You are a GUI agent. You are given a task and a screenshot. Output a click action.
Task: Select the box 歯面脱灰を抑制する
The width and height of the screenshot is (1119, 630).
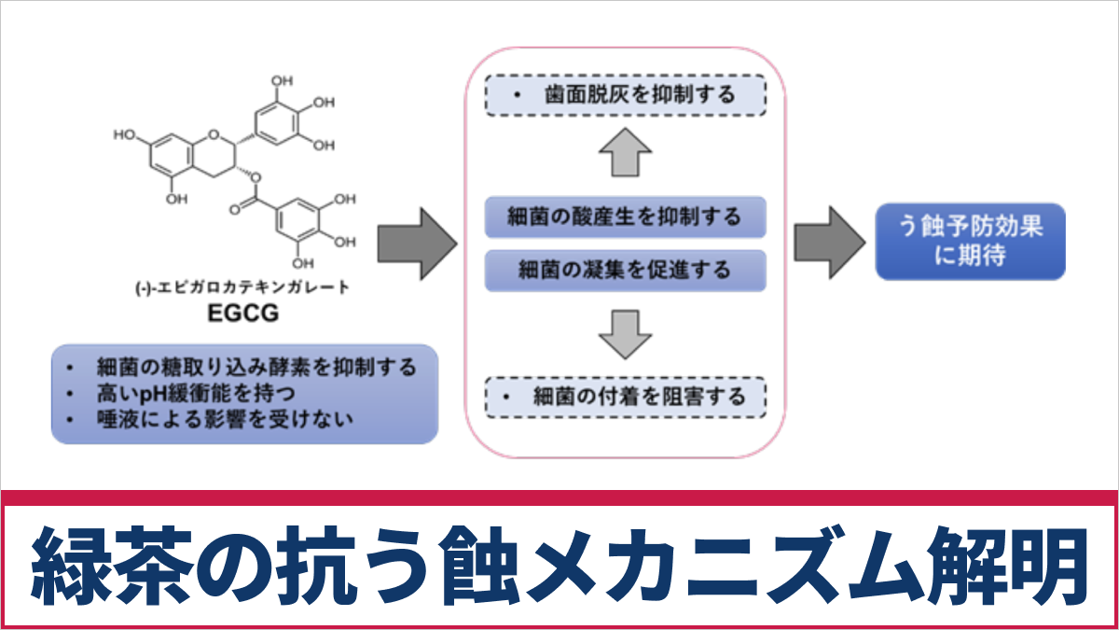(625, 94)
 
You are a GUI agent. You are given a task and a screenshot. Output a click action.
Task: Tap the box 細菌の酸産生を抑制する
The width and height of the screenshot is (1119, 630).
(625, 217)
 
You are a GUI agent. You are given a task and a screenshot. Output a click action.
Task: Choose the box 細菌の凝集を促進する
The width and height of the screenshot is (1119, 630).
(625, 271)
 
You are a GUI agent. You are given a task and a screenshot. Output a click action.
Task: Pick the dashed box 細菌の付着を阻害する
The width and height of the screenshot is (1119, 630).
(625, 397)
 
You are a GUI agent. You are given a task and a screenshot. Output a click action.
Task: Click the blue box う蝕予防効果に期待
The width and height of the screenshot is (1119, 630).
(970, 242)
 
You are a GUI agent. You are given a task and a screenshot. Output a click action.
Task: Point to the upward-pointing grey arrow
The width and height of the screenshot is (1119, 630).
(625, 154)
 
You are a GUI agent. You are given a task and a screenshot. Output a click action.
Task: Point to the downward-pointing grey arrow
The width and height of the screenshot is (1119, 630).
(625, 333)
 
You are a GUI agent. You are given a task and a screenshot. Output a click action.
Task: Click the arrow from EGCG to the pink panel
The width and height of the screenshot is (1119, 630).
(416, 244)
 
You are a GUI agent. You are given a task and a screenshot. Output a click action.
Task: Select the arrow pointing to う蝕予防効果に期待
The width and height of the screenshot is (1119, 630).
(828, 243)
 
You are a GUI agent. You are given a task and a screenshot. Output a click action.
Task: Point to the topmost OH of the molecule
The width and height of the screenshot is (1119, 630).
(282, 81)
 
